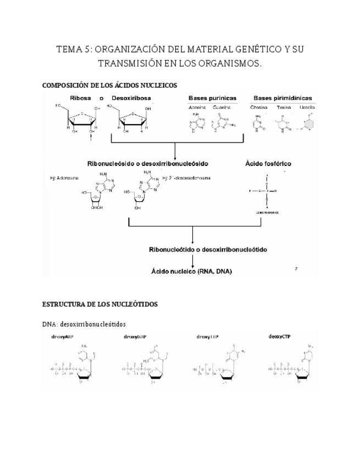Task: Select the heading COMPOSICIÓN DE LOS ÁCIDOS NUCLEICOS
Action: (x=109, y=86)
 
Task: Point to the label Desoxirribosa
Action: (x=131, y=98)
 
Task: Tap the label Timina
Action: (x=285, y=108)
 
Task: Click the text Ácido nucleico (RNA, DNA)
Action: (x=192, y=271)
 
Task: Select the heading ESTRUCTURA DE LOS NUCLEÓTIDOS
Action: (x=100, y=304)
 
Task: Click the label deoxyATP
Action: (x=60, y=336)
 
